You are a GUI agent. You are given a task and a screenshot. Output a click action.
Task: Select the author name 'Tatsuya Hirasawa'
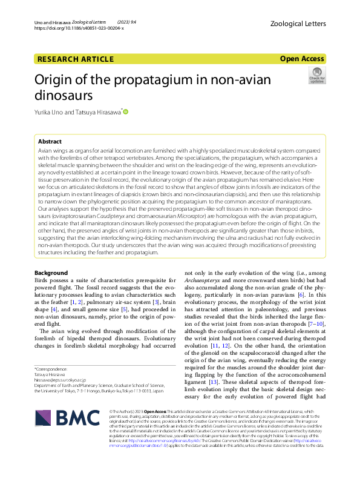coord(98,112)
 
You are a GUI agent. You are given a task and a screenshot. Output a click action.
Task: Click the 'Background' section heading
coord(51,273)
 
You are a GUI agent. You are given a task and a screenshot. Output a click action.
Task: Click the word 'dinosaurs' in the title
coord(64,95)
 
